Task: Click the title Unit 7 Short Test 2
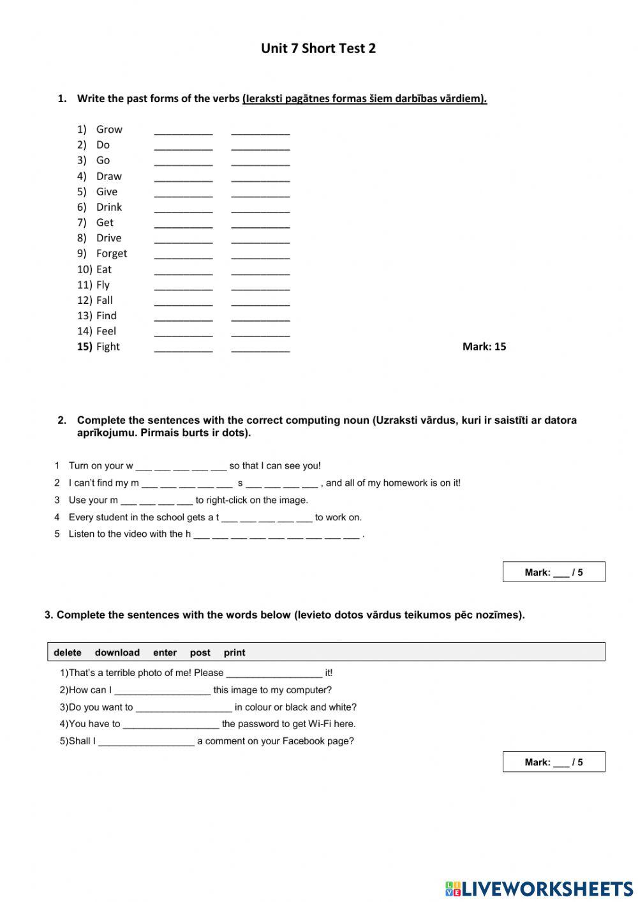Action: coord(318,49)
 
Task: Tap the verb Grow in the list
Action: coord(109,130)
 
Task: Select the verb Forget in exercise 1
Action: coord(112,253)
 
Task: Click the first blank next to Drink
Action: coord(183,208)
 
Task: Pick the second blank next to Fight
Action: coord(260,348)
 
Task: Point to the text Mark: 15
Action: coord(484,347)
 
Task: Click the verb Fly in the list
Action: coord(103,285)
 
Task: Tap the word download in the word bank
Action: coord(117,652)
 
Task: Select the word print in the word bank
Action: coord(234,652)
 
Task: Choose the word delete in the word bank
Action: coord(68,652)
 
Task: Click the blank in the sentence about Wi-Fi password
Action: coord(171,725)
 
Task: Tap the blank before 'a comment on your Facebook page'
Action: coord(146,742)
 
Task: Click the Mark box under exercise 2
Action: coord(553,572)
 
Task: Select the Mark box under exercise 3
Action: coord(553,762)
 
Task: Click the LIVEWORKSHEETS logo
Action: coord(539,888)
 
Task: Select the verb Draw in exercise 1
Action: coord(108,176)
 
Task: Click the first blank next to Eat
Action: coord(183,270)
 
